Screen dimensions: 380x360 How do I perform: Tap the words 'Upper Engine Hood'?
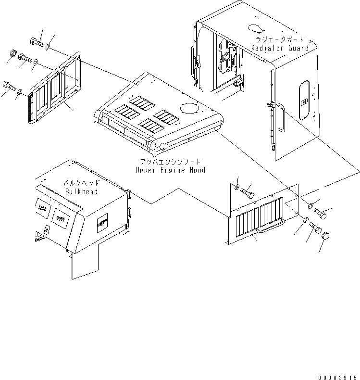click(x=170, y=170)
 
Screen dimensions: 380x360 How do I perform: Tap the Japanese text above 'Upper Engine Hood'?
click(x=171, y=163)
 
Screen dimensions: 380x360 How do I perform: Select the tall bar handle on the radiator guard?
click(x=282, y=120)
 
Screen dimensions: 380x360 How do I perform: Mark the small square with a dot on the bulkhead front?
click(x=47, y=229)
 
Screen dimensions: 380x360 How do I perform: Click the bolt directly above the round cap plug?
click(x=315, y=227)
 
